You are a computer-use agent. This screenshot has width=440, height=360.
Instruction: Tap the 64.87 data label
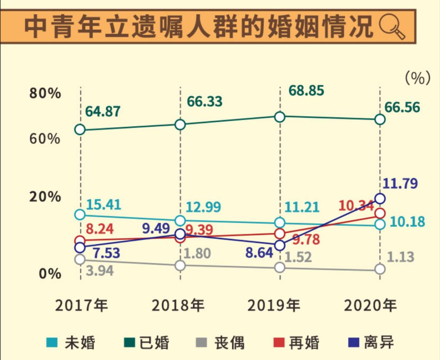tap(103, 111)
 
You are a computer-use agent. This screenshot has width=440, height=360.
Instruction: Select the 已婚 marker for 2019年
tap(279, 117)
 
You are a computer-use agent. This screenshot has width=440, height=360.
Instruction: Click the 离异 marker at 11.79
tap(380, 199)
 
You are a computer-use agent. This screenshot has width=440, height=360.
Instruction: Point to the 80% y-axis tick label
tap(45, 93)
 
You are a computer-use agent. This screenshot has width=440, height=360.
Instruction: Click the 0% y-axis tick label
tap(50, 273)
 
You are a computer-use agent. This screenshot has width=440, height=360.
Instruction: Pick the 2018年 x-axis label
tap(178, 305)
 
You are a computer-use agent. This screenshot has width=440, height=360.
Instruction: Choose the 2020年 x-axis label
tap(370, 305)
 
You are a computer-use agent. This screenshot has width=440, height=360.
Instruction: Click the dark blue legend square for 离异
tap(354, 342)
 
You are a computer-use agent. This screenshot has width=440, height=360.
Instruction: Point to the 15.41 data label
tap(103, 205)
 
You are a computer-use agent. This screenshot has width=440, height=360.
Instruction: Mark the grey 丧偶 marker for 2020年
tap(380, 269)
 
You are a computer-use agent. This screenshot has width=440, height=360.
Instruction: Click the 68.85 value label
tap(306, 91)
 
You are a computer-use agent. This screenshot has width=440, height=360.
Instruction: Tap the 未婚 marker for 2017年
tap(80, 215)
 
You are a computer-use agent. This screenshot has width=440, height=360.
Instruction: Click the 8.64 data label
tap(259, 253)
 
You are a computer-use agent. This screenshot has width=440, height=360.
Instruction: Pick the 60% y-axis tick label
tap(45, 139)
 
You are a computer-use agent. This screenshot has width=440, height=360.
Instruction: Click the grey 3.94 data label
tap(100, 271)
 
